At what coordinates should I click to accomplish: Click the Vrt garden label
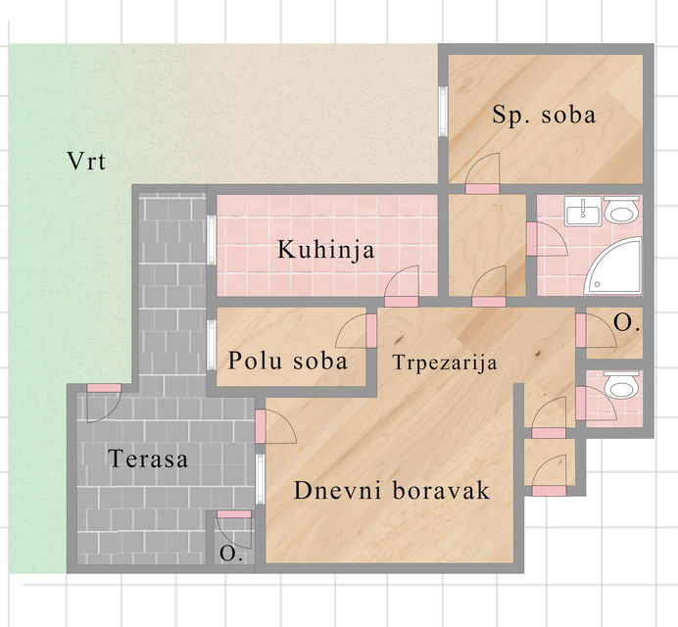coord(87,162)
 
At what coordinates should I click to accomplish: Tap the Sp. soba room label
coord(544,115)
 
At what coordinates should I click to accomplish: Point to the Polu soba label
coord(288,361)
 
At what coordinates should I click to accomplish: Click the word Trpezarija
coord(445,362)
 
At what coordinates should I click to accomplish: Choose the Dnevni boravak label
coord(391,491)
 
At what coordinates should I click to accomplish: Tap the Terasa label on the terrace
coord(149,458)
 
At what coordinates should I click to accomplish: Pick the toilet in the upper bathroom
coord(621,211)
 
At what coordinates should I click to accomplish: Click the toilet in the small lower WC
coord(620,388)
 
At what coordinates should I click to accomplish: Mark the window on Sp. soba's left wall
coord(443,114)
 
